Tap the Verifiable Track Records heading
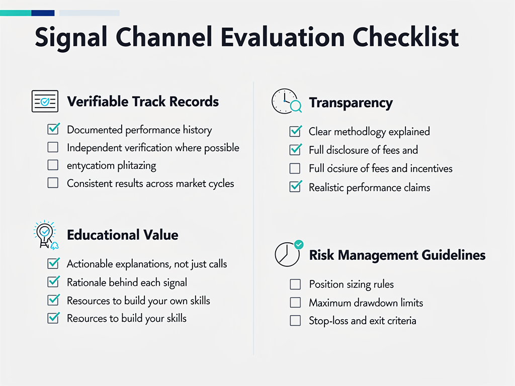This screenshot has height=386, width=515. pyautogui.click(x=143, y=102)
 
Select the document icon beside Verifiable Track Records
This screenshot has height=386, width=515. pyautogui.click(x=45, y=102)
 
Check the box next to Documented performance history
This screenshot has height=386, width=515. pyautogui.click(x=53, y=129)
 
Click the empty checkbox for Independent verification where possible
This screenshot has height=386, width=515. pyautogui.click(x=53, y=147)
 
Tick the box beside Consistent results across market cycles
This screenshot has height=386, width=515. pyautogui.click(x=53, y=183)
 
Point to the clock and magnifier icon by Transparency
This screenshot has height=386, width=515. pyautogui.click(x=286, y=102)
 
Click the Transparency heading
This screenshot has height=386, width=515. pyautogui.click(x=351, y=103)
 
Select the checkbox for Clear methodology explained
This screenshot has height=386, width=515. pyautogui.click(x=295, y=132)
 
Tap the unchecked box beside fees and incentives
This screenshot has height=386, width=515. pyautogui.click(x=295, y=168)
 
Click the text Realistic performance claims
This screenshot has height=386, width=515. pyautogui.click(x=369, y=187)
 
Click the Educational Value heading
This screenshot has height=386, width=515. pyautogui.click(x=122, y=235)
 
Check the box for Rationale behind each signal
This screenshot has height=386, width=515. pyautogui.click(x=53, y=282)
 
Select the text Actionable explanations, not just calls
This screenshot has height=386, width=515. pyautogui.click(x=147, y=264)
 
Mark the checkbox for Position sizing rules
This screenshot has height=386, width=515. pyautogui.click(x=295, y=284)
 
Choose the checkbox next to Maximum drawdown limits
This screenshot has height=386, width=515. pyautogui.click(x=295, y=303)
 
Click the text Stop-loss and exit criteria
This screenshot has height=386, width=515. pyautogui.click(x=362, y=321)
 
